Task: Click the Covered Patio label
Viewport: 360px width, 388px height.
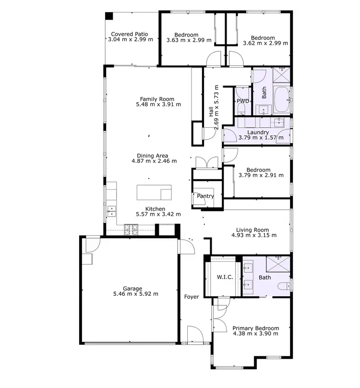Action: [x=129, y=34]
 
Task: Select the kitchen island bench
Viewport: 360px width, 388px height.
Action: [x=154, y=192]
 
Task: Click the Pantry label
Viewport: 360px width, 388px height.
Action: [x=205, y=196]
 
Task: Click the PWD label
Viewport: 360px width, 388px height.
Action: [x=243, y=101]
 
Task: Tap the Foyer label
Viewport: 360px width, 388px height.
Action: [x=192, y=297]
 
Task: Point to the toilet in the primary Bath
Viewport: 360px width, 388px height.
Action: [x=284, y=287]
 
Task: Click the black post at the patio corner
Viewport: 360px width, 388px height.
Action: [x=109, y=16]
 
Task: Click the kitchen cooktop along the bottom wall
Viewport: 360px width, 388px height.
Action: [x=131, y=230]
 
